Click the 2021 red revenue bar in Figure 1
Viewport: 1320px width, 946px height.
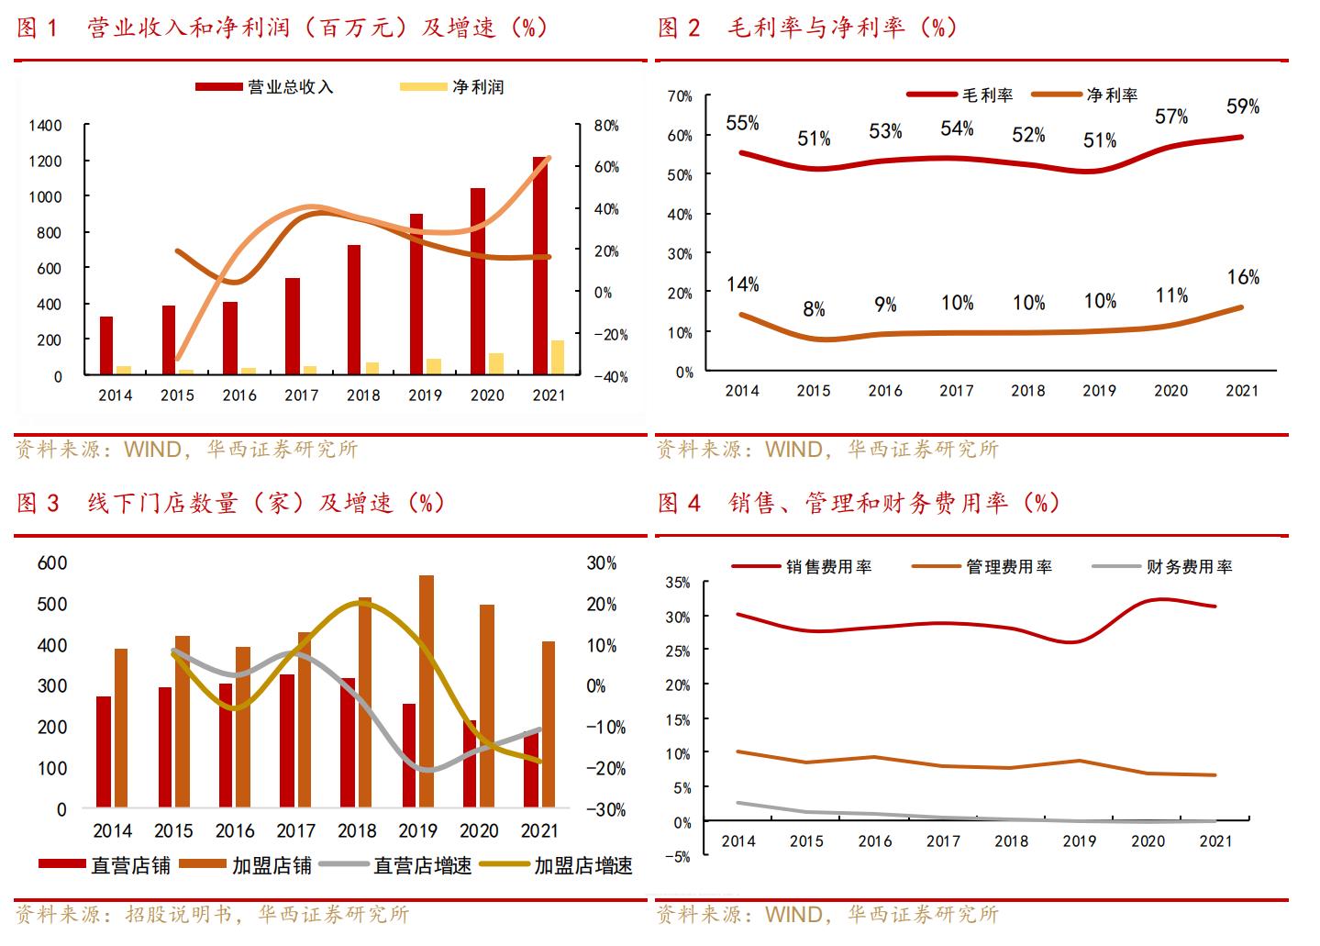(540, 266)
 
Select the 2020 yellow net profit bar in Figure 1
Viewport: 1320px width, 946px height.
(496, 363)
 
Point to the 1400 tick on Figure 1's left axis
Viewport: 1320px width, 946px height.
(46, 126)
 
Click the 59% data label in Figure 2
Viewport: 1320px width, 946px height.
(1243, 106)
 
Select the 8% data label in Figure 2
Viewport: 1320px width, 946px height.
(814, 309)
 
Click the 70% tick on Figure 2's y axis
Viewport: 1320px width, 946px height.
(680, 96)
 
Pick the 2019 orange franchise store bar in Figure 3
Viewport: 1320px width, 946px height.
(427, 691)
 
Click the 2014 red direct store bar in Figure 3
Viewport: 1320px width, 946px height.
(104, 751)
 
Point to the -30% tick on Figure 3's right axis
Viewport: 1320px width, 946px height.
(606, 810)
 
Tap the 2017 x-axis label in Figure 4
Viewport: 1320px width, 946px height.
(943, 840)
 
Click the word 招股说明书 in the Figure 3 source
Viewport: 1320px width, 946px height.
(178, 915)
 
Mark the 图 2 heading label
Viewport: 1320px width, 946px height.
(680, 28)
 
